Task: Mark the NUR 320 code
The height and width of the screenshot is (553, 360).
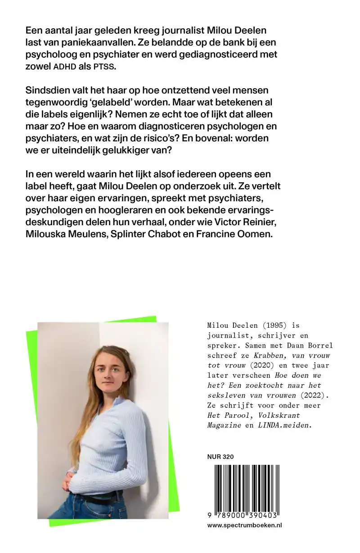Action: tap(220, 457)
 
